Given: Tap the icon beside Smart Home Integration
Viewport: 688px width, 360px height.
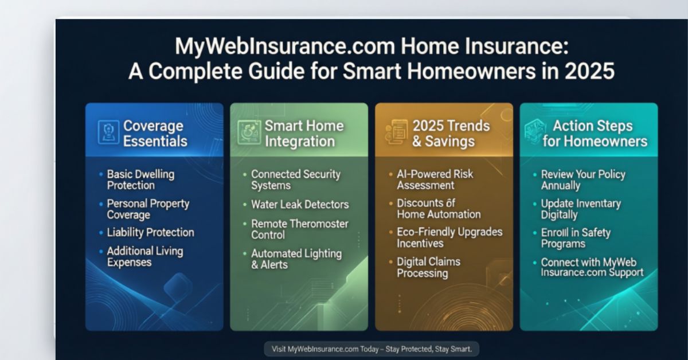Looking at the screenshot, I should (x=248, y=132).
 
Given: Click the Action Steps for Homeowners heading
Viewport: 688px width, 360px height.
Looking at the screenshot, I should (x=594, y=133).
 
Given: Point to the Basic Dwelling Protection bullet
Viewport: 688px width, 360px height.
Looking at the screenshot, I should (x=140, y=179).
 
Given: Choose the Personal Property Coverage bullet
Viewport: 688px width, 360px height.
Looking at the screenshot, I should (x=147, y=209).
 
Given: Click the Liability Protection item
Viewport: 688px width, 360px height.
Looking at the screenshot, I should (x=150, y=233).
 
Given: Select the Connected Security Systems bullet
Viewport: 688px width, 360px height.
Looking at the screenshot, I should (x=295, y=179).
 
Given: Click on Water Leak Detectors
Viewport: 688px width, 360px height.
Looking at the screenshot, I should (x=299, y=204).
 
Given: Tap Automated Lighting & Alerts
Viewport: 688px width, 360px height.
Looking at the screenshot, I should (x=296, y=259).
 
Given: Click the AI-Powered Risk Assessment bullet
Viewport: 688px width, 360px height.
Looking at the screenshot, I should (x=435, y=179).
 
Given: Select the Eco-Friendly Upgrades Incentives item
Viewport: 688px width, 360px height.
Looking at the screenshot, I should (x=449, y=238).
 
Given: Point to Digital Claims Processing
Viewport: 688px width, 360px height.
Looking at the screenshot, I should (x=428, y=268).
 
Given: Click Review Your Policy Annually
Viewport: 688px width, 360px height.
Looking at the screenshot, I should (x=583, y=179).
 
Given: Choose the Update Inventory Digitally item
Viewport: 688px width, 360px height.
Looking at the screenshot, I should (x=580, y=209).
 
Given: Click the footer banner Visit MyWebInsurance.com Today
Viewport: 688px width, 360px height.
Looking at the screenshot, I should (x=372, y=349).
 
